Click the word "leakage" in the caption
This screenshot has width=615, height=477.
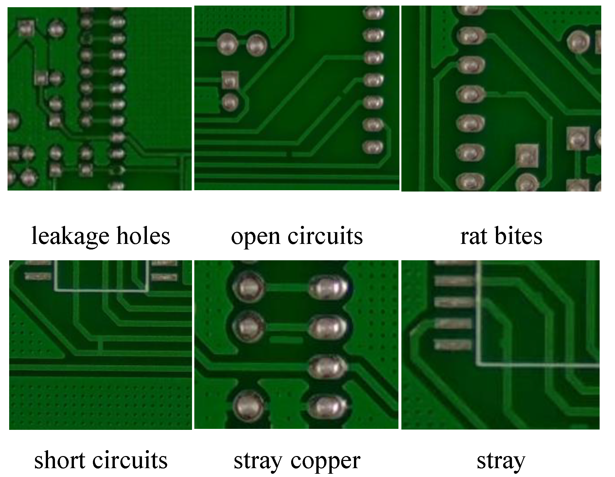tap(70, 236)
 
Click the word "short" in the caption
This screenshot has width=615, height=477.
tap(60, 460)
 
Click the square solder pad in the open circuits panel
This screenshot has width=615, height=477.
tap(230, 80)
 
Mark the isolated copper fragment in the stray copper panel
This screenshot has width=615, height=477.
tap(286, 340)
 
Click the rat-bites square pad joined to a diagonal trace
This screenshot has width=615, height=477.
tap(527, 155)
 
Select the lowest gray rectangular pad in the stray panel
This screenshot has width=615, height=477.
tap(453, 344)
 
